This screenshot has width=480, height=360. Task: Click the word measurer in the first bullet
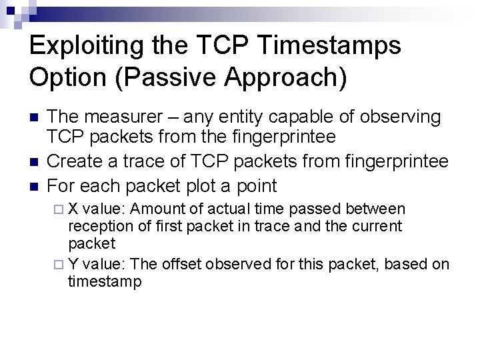(x=118, y=117)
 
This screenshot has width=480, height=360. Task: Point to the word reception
(x=97, y=226)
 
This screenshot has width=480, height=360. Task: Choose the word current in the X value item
(x=378, y=226)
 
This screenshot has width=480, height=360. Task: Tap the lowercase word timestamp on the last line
(x=105, y=281)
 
